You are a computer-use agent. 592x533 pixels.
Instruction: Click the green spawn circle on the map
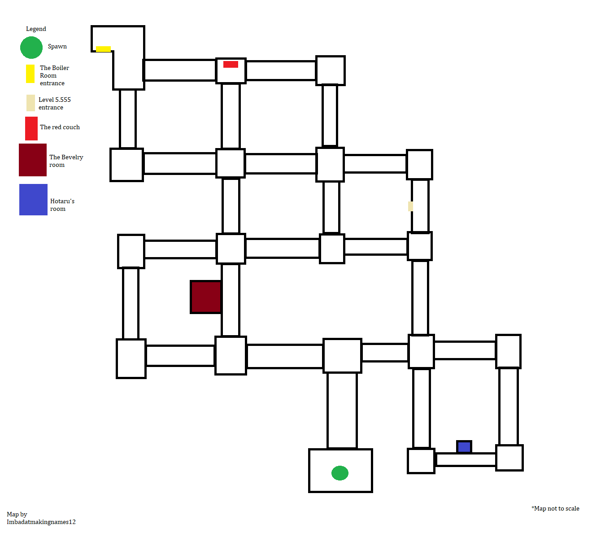pyautogui.click(x=340, y=473)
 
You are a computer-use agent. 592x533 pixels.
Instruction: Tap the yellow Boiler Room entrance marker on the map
pyautogui.click(x=103, y=49)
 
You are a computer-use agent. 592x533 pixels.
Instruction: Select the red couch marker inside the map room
pyautogui.click(x=231, y=64)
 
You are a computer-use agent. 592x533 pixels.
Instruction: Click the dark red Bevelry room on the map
pyautogui.click(x=206, y=297)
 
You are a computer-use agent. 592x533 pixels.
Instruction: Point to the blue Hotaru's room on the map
pyautogui.click(x=464, y=447)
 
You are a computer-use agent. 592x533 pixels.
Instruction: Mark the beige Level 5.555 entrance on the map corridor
pyautogui.click(x=410, y=206)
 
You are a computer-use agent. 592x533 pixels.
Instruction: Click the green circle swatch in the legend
pyautogui.click(x=31, y=48)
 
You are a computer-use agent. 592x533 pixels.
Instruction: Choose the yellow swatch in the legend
pyautogui.click(x=30, y=74)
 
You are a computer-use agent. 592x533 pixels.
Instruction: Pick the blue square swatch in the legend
pyautogui.click(x=33, y=200)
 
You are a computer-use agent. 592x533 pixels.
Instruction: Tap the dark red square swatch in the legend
pyautogui.click(x=33, y=160)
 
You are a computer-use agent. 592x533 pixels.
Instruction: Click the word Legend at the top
pyautogui.click(x=36, y=29)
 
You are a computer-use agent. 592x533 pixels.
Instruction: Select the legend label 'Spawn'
pyautogui.click(x=57, y=46)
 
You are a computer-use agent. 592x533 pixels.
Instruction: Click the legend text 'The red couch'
pyautogui.click(x=60, y=127)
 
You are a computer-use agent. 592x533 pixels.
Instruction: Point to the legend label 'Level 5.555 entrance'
pyautogui.click(x=54, y=103)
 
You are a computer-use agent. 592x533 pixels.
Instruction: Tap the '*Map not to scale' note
pyautogui.click(x=555, y=508)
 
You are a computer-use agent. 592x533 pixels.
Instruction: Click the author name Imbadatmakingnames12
pyautogui.click(x=41, y=522)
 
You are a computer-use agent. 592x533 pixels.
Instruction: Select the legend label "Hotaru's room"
pyautogui.click(x=62, y=205)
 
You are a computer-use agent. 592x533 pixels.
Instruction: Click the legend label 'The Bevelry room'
pyautogui.click(x=66, y=161)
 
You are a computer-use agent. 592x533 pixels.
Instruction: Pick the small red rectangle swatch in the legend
pyautogui.click(x=31, y=129)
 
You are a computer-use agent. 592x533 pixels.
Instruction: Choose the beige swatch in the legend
pyautogui.click(x=30, y=103)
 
